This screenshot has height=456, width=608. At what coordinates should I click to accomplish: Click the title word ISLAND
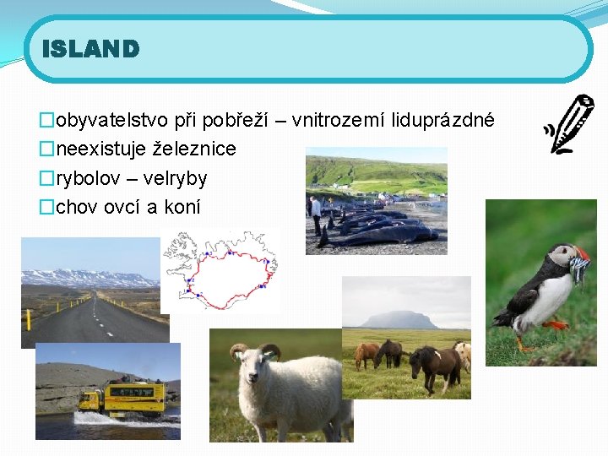[90, 49]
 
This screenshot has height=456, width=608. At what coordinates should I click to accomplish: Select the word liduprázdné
[442, 122]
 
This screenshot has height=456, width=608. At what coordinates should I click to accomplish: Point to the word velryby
[175, 178]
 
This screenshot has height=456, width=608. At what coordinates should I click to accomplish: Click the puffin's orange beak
[581, 255]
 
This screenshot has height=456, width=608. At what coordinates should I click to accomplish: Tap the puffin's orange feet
[554, 324]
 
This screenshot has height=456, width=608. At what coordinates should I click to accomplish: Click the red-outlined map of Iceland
[220, 270]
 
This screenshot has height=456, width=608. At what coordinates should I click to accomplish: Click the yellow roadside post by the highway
[30, 319]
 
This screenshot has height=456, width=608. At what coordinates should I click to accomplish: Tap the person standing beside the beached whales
[316, 213]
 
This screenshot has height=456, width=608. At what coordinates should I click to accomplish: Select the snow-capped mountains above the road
[89, 277]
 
